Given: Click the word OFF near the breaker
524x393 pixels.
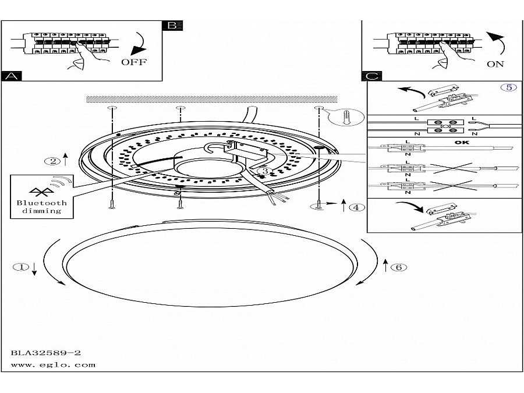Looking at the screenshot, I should [134, 62].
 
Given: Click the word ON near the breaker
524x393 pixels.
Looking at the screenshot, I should [495, 64].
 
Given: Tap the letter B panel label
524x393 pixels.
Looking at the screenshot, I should [172, 26].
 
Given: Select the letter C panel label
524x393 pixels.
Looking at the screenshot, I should [372, 76].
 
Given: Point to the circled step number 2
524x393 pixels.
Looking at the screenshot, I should [53, 161].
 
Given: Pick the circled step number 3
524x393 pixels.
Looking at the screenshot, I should [264, 171].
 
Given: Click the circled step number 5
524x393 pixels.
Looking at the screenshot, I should [508, 87].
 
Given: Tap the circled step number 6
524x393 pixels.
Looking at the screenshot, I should [398, 268].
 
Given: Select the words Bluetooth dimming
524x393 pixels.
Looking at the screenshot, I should [41, 207].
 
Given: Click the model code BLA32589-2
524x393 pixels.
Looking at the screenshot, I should [45, 353].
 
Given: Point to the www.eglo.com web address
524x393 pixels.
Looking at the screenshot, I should [53, 365].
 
